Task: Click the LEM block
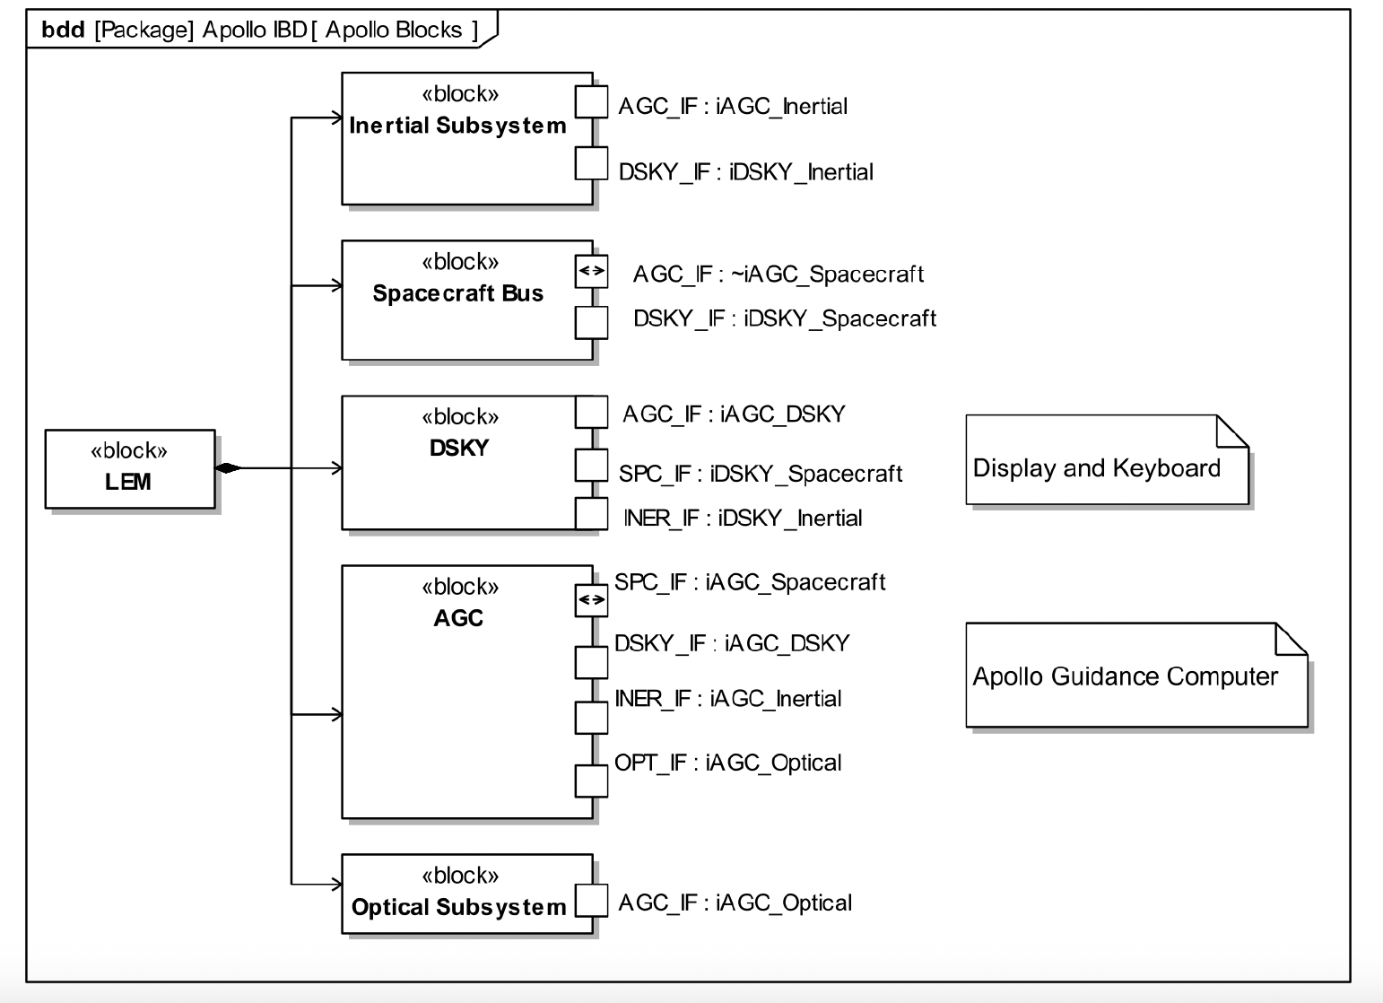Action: tap(130, 468)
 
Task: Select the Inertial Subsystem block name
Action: tap(457, 126)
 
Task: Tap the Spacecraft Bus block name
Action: tap(457, 293)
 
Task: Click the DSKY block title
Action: tap(458, 448)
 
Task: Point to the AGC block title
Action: tap(458, 618)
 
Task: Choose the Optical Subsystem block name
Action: tap(458, 907)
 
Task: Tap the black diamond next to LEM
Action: tap(229, 467)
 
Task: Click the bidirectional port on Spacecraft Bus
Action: tap(591, 271)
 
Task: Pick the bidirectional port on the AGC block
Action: tap(591, 600)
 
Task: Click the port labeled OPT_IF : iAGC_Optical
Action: tap(591, 781)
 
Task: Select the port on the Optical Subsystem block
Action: tap(591, 901)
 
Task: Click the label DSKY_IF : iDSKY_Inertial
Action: tap(745, 172)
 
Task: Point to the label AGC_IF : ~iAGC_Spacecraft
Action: tap(778, 275)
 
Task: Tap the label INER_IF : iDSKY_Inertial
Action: tap(743, 519)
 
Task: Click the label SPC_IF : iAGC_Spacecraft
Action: tap(750, 582)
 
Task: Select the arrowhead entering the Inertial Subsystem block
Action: tap(336, 118)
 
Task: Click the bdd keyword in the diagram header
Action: tap(63, 30)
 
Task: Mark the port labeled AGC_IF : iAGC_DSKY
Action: tap(591, 413)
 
